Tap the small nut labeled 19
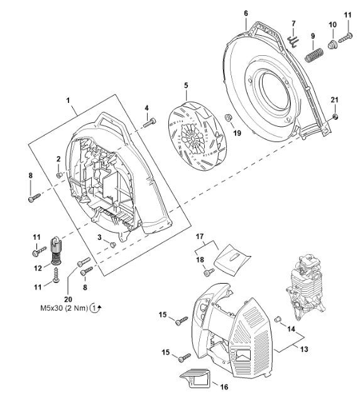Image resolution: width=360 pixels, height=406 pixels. coord(228,117)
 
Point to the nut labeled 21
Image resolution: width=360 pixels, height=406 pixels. coord(335,116)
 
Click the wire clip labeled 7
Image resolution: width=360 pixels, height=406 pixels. coord(293,41)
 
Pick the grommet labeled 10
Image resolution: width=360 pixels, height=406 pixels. coord(332,45)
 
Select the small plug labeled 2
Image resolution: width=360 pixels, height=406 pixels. coord(59,175)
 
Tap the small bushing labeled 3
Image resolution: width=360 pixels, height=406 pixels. coord(112,244)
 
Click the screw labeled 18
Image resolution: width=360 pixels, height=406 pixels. coord(209,272)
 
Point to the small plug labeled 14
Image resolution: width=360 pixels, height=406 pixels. coord(278,319)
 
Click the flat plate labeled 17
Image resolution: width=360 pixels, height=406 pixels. coord(232,260)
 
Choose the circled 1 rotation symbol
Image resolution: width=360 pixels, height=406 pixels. coord(95,308)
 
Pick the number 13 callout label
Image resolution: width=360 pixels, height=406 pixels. coord(304,349)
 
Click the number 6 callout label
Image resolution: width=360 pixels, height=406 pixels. coord(246,13)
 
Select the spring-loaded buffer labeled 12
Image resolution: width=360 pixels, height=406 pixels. coord(56,250)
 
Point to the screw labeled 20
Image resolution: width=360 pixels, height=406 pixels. coord(84,262)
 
